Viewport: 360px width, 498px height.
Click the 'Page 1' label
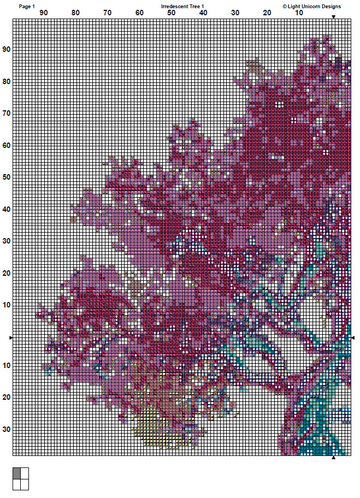(x=27, y=7)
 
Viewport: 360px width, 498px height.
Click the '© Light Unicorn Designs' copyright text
(x=311, y=7)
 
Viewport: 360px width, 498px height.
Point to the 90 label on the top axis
(x=43, y=13)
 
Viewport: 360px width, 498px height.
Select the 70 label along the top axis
(x=108, y=13)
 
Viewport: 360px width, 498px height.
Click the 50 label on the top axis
(x=172, y=13)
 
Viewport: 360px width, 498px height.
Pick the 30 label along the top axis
(x=235, y=13)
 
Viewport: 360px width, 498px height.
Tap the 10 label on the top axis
(x=299, y=13)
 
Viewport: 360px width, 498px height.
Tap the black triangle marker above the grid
(x=333, y=17)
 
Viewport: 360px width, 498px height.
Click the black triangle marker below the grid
(x=333, y=458)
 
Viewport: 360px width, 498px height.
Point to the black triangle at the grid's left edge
(x=11, y=339)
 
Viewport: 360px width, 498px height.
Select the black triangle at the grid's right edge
(x=353, y=339)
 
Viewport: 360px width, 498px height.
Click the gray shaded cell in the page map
(x=16, y=473)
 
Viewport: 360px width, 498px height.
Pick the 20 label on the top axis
(x=267, y=13)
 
